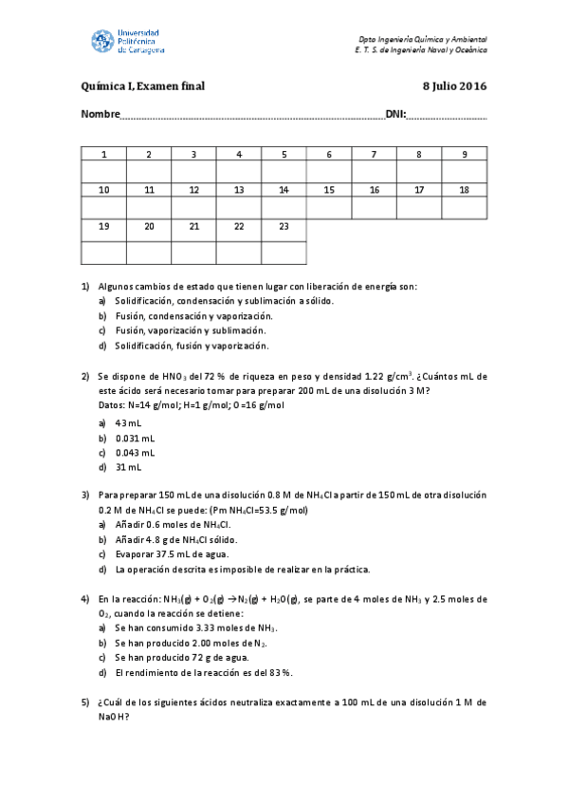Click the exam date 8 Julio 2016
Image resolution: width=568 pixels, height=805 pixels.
(x=454, y=87)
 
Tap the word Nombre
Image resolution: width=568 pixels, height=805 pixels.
(x=101, y=116)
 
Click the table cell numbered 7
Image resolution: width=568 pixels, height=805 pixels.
(x=374, y=155)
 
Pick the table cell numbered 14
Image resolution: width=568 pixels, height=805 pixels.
(x=284, y=190)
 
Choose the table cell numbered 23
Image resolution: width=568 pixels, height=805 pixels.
(x=284, y=226)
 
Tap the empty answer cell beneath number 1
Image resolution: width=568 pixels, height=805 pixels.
(x=104, y=172)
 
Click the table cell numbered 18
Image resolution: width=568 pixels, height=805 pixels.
(x=464, y=190)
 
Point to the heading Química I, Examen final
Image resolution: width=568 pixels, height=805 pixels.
(x=143, y=87)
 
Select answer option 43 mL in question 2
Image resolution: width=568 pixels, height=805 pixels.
(x=128, y=422)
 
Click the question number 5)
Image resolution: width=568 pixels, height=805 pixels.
(x=85, y=702)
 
